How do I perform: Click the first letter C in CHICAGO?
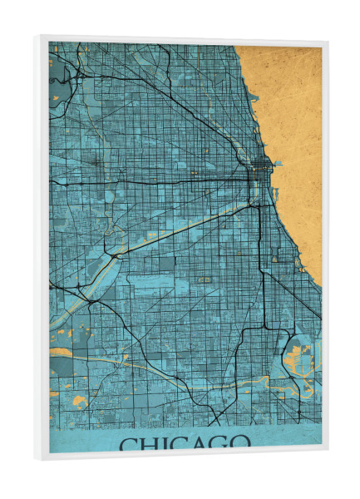(129, 442)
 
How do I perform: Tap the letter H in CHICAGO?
(150, 442)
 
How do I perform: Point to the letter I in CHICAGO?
(165, 442)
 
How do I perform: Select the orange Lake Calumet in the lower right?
(296, 358)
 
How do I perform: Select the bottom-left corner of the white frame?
(37, 459)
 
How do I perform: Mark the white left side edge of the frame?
(42, 249)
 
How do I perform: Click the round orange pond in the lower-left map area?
(61, 363)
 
